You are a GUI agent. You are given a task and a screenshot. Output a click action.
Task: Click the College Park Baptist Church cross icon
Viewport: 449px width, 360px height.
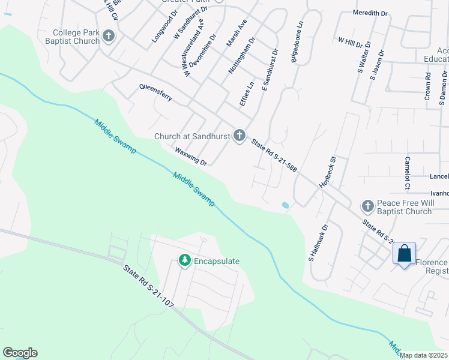click(x=109, y=37)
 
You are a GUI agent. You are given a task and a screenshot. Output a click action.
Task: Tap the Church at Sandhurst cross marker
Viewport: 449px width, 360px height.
click(x=240, y=136)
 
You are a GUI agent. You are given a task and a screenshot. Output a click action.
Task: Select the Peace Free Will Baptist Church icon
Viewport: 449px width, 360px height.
click(x=367, y=207)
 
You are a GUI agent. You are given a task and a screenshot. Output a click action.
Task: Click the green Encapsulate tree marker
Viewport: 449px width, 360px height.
click(x=185, y=261)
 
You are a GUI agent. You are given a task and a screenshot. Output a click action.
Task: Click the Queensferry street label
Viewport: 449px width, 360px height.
click(x=155, y=94)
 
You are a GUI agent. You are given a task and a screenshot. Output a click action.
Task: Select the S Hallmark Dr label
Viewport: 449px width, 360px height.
click(x=319, y=243)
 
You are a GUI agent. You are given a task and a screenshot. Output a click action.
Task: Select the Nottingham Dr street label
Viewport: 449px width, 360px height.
click(x=241, y=55)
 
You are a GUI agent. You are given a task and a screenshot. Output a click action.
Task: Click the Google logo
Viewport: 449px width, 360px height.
click(x=20, y=353)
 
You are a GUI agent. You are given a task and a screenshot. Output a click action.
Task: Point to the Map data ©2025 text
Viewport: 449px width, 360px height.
click(x=423, y=355)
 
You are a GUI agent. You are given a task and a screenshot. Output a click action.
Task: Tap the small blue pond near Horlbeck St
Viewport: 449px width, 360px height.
click(x=285, y=205)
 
